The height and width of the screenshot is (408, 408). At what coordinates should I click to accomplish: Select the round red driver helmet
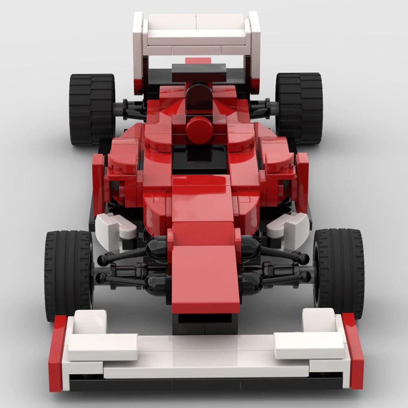(197, 128)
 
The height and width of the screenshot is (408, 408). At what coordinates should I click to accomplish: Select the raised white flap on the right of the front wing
(308, 341)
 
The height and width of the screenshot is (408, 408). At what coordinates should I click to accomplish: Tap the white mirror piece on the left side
(115, 226)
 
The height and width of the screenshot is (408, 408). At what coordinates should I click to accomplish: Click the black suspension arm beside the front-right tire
(286, 256)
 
